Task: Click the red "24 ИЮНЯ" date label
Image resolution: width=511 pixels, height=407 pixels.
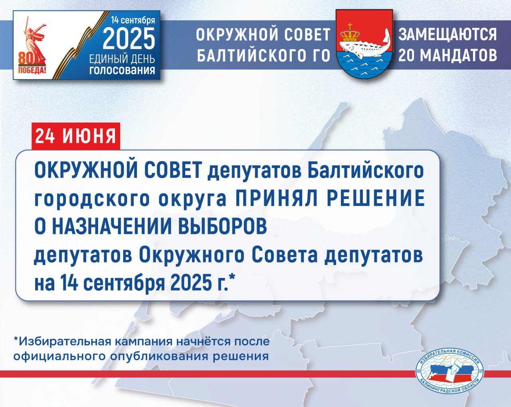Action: [x=76, y=136]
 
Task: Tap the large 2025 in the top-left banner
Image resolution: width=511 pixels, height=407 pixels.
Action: [x=129, y=39]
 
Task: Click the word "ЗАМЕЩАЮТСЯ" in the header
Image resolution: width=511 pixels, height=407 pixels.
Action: [x=448, y=35]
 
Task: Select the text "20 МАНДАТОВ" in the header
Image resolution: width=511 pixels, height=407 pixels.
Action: [x=448, y=55]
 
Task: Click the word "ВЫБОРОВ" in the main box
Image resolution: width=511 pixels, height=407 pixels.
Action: [x=223, y=226]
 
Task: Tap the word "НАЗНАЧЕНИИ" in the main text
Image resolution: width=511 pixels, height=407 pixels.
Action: [x=112, y=226]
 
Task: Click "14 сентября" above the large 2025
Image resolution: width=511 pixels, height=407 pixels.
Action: [x=133, y=20]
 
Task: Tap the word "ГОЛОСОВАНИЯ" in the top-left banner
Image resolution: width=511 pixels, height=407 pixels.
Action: [x=122, y=70]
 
